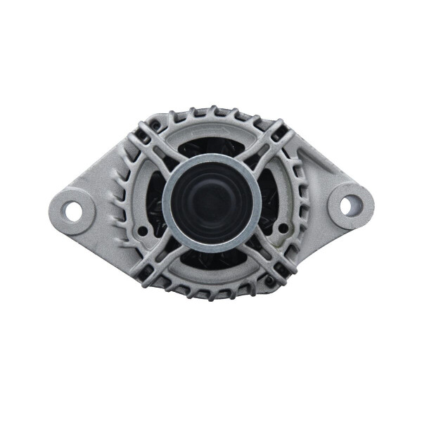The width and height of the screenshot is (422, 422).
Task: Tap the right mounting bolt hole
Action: [350, 205]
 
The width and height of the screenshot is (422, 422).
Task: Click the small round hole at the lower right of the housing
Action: [281, 230]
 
